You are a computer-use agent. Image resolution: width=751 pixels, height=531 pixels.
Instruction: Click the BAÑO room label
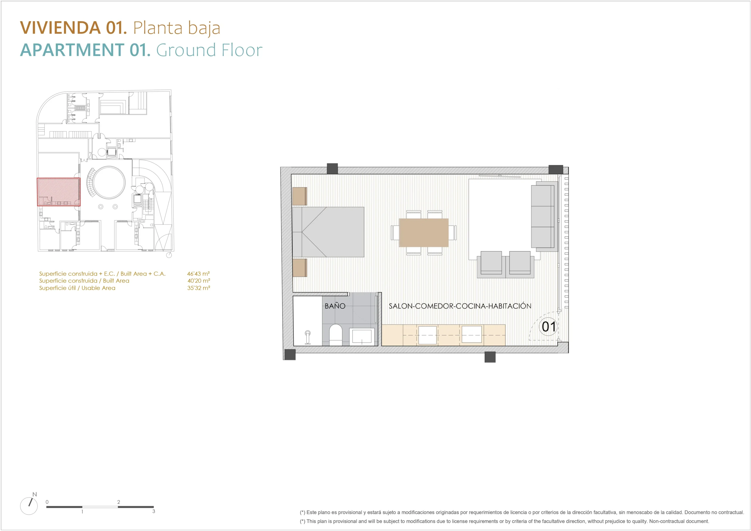pos(335,306)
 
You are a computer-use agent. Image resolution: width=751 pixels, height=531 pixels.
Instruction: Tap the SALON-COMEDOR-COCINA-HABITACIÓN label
pos(460,306)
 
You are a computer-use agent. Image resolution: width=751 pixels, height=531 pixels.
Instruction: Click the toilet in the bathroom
pos(335,335)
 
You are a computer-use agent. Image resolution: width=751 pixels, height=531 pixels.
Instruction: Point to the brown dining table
pos(424,233)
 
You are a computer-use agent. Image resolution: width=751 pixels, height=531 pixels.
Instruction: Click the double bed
pos(328,232)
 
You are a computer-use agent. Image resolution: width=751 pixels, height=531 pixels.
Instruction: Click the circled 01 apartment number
pos(548,327)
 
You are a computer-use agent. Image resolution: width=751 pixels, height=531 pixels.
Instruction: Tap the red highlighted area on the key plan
pos(59,192)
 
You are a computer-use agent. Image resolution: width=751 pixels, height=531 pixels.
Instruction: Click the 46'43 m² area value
pos(198,273)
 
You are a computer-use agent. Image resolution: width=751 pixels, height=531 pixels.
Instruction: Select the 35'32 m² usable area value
pos(199,288)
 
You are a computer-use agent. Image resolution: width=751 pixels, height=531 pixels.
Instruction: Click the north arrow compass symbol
pos(29,505)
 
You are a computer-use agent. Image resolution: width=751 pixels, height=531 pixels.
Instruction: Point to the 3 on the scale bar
pos(153,511)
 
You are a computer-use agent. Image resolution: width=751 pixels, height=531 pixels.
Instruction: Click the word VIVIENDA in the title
pos(60,28)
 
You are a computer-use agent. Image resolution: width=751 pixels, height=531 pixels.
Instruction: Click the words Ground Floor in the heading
pos(209,50)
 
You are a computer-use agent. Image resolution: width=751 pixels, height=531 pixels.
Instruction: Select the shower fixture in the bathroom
pos(307,337)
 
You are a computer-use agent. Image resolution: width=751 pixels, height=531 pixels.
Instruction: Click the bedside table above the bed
pos(300,196)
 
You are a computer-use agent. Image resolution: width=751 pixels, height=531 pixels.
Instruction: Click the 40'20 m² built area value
pos(199,281)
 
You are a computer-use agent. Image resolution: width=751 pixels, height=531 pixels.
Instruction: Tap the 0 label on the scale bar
pos(47,502)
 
